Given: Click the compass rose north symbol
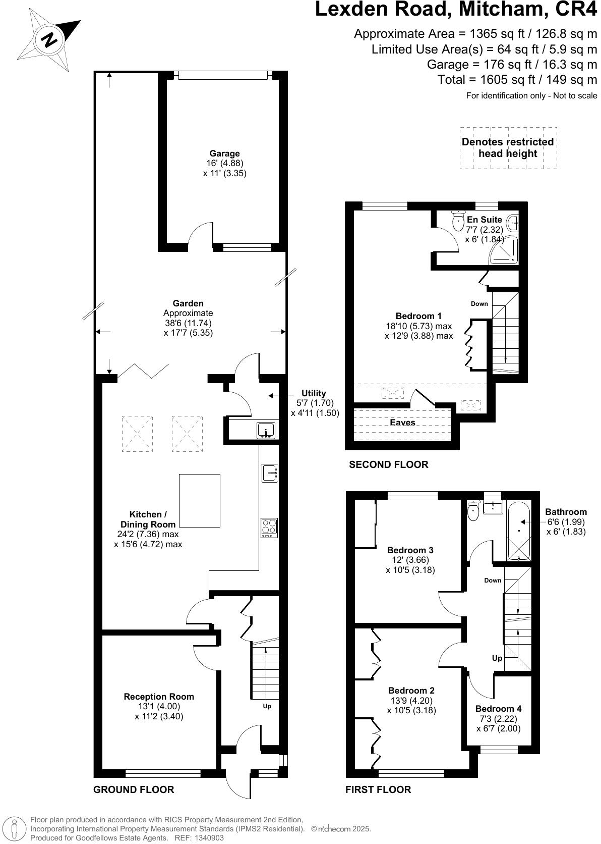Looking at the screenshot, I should click(x=49, y=40).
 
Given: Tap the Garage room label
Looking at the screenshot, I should click(x=224, y=153).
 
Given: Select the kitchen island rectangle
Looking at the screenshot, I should click(x=200, y=500).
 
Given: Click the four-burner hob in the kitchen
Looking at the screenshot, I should click(x=269, y=527).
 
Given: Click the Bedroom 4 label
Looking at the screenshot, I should click(x=498, y=709).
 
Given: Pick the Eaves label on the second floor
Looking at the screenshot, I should click(x=402, y=423).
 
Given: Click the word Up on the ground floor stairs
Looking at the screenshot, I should click(x=267, y=706).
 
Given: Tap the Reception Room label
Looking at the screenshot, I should click(x=159, y=697).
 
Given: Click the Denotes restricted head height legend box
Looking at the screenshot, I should click(x=508, y=148).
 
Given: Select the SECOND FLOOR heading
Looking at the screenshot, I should click(x=388, y=464).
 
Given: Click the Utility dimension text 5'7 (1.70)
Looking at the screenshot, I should click(x=315, y=403).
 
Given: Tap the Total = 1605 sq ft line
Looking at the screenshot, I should click(x=517, y=79).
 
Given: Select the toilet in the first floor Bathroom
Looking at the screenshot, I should click(x=473, y=512).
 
